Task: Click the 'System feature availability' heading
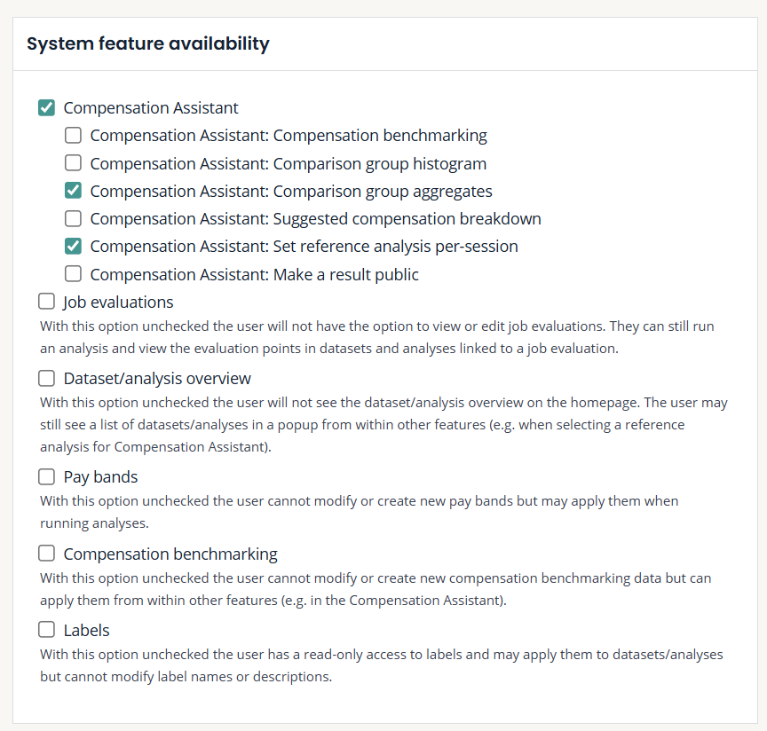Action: (148, 43)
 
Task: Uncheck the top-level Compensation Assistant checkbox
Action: (47, 108)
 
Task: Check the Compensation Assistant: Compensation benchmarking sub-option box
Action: (74, 136)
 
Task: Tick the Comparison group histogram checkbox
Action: (74, 163)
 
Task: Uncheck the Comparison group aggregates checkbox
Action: (74, 191)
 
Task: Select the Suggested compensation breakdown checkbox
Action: (74, 218)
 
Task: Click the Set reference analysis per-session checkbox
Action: (74, 246)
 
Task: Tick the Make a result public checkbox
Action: (74, 274)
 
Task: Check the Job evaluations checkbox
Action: (47, 302)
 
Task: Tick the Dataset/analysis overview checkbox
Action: (47, 379)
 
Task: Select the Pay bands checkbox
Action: (47, 477)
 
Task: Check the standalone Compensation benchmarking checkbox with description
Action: (47, 554)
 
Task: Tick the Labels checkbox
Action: (47, 631)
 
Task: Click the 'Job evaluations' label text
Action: (118, 303)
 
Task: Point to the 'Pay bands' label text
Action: (100, 477)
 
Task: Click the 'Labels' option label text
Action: (86, 631)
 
